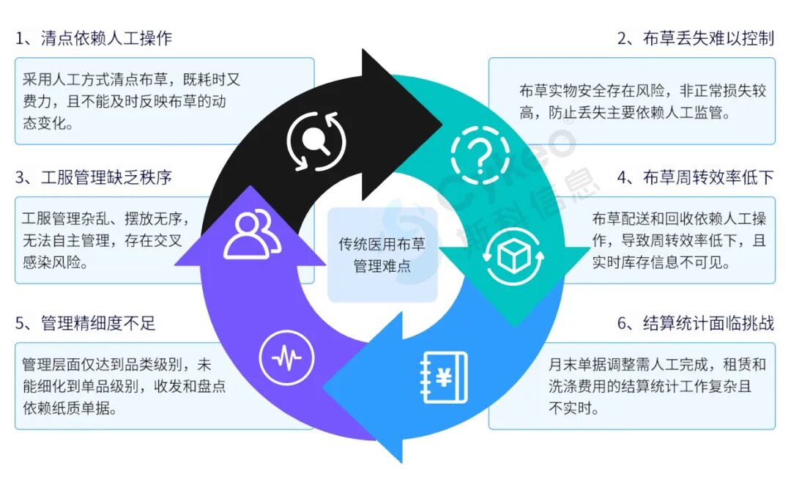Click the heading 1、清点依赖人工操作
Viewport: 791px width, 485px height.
[94, 38]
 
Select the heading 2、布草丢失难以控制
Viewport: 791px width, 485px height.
[696, 38]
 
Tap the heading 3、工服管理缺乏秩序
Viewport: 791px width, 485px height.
[94, 177]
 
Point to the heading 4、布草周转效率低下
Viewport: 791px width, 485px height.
[696, 177]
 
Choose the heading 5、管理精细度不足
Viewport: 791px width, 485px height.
[85, 323]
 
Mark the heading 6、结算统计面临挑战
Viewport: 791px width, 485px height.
[696, 323]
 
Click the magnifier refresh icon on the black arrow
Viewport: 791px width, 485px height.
[316, 141]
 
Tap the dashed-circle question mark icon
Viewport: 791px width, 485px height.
[480, 155]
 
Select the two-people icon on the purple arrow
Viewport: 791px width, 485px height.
[252, 234]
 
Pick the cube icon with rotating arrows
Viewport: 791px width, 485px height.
[513, 256]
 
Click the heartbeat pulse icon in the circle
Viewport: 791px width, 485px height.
[286, 358]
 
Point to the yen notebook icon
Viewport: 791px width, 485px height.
[444, 378]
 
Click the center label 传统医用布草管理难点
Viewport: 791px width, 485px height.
[382, 255]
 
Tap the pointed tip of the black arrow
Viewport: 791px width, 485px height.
[442, 125]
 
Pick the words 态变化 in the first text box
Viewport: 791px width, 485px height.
[45, 123]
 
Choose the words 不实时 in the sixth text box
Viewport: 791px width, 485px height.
[570, 408]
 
